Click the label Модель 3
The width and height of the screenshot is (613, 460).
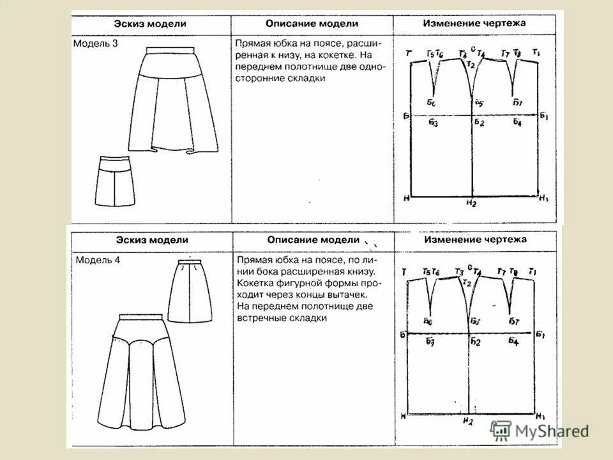click(x=95, y=43)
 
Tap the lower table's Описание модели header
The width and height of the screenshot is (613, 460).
click(x=314, y=240)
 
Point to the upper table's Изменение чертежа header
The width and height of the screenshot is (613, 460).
click(x=474, y=23)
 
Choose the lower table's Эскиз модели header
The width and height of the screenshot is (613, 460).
click(x=152, y=240)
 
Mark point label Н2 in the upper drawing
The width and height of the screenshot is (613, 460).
click(x=471, y=204)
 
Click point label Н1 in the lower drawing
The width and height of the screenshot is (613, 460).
click(x=540, y=417)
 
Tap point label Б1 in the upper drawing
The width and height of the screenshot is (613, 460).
click(x=544, y=116)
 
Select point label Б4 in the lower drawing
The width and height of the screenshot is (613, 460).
click(x=514, y=342)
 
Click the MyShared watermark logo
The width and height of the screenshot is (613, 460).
click(x=540, y=430)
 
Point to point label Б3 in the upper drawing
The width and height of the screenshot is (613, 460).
click(x=433, y=123)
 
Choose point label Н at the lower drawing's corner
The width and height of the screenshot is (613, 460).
click(x=404, y=417)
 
